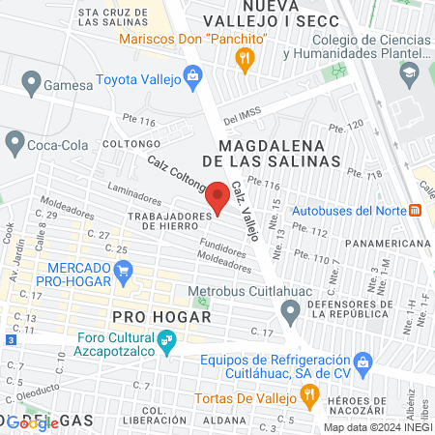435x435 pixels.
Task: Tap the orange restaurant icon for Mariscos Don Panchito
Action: pos(246,58)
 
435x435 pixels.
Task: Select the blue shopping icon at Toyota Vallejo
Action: pos(192,74)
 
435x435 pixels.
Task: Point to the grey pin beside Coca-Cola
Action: pos(14,143)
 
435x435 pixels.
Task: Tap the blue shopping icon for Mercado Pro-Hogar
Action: pos(123,275)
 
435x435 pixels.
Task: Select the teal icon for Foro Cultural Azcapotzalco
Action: pos(166,340)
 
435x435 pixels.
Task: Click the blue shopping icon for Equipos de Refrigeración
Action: pos(363,363)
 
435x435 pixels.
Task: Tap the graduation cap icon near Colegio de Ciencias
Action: pos(410,74)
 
